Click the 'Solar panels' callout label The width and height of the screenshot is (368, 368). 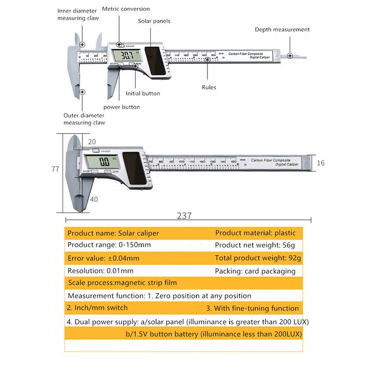pos(154,21)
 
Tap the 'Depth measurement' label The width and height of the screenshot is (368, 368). pos(282,29)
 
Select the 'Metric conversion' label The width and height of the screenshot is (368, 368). pos(126,9)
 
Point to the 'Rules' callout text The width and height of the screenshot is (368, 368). pos(209,87)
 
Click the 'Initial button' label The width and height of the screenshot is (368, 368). pos(143,93)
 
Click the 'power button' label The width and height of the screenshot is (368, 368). pos(121,107)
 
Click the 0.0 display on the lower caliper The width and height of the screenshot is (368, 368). pos(104,161)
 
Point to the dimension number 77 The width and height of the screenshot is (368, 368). pos(55,169)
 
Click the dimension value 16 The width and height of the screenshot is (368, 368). pos(321,163)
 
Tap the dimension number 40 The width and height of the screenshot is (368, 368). pos(94,199)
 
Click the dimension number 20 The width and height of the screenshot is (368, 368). pos(92,142)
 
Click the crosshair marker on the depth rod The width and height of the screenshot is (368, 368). pos(290,56)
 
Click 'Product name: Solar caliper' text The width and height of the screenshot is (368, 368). pos(113,233)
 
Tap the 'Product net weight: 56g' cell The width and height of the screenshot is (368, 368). pos(255,245)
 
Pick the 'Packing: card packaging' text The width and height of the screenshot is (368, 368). pos(255,271)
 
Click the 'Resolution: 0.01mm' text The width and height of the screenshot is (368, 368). pos(100,271)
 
